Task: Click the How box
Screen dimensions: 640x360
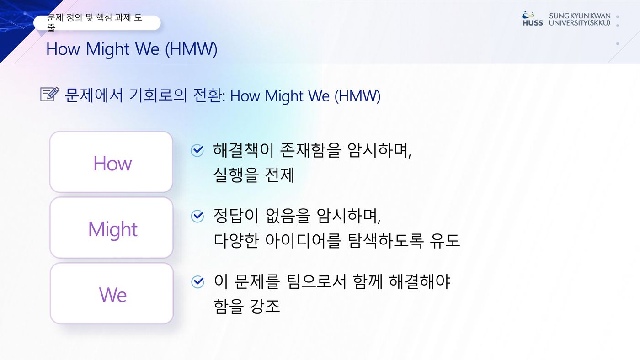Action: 111,162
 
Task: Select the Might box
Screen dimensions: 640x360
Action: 112,228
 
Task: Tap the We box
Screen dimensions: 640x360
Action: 112,293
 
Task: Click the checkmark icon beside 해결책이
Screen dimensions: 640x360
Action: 197,150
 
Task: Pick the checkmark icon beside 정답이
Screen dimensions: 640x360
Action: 197,216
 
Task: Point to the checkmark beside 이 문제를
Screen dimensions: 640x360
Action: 197,282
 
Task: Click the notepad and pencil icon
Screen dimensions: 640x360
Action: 50,94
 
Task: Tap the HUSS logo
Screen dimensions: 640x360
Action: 532,19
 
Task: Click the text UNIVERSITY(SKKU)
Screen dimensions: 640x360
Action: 580,23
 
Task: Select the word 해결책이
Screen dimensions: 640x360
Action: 243,150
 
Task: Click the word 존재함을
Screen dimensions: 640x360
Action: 310,150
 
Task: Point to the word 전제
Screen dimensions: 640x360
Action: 279,175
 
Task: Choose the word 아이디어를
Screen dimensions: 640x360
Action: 303,240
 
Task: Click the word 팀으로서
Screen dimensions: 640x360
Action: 316,281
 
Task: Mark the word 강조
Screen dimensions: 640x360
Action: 265,306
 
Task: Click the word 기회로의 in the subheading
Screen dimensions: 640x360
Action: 158,95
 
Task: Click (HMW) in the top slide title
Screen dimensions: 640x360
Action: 192,49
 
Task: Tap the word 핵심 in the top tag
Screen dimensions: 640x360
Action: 104,18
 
